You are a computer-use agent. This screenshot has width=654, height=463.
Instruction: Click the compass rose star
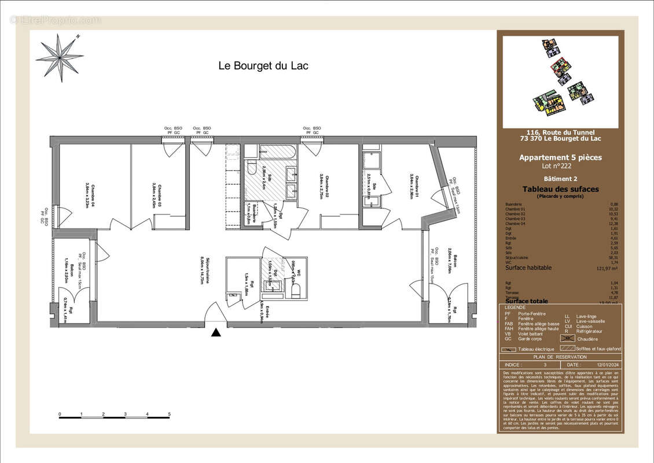(60, 57)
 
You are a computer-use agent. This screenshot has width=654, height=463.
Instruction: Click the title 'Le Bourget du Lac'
(263, 66)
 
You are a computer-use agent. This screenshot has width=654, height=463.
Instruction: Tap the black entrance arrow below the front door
(216, 332)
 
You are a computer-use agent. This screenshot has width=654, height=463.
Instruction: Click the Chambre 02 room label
(321, 187)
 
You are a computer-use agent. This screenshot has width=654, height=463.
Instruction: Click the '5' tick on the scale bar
(170, 414)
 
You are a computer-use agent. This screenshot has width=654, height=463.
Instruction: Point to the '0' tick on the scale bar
(60, 414)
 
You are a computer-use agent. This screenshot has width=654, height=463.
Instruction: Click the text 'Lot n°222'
(560, 166)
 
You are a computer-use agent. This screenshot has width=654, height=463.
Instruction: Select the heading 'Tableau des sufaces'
(560, 189)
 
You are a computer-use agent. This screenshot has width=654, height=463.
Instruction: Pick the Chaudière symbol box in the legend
(569, 338)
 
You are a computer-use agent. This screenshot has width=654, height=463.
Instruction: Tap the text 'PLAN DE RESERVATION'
(560, 357)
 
